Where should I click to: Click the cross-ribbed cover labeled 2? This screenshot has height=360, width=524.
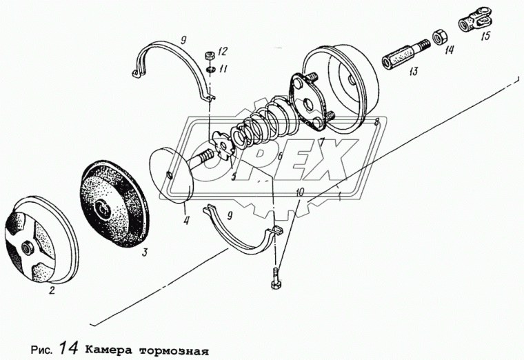pos(38,241)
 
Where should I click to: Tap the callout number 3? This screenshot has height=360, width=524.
pos(143,253)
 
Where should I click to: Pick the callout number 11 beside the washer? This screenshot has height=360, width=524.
pos(222,70)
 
